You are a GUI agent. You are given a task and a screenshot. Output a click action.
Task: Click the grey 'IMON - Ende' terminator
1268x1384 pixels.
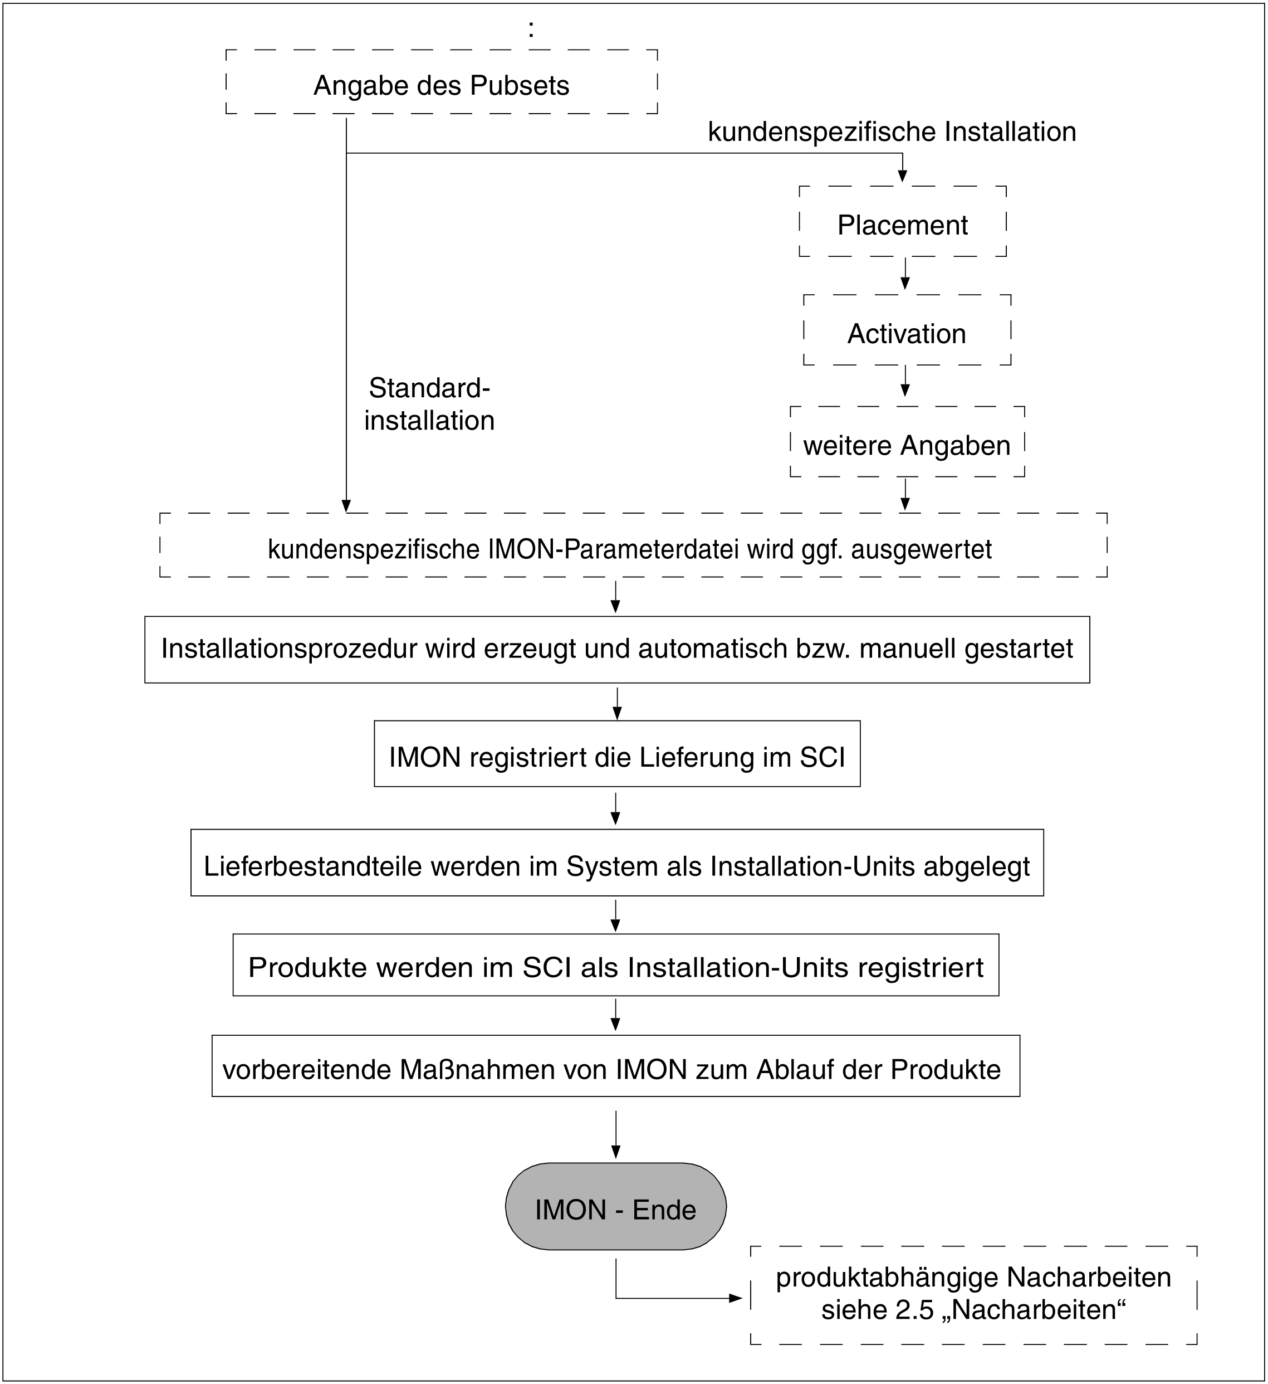pos(615,1209)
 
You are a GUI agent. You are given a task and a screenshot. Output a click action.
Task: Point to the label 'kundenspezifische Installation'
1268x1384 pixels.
pos(892,132)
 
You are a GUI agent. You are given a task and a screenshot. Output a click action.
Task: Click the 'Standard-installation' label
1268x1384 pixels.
pos(429,405)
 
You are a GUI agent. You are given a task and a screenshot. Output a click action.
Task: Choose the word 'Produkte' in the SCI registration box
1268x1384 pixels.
pos(307,967)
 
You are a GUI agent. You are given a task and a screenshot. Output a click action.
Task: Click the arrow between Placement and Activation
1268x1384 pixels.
pos(905,275)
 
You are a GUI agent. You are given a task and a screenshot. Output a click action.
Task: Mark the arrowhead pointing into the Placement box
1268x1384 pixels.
pos(902,177)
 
